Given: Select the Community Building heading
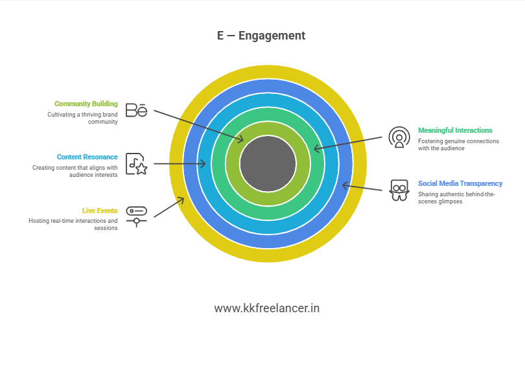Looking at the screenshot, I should point(86,104).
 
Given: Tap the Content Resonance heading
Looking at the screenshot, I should point(87,157).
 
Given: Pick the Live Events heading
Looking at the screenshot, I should point(100,211).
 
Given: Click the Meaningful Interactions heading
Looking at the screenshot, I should point(455,130).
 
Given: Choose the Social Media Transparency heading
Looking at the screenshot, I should point(460,183).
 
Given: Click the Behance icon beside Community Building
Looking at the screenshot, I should point(136,110).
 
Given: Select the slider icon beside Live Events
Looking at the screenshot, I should point(136,216).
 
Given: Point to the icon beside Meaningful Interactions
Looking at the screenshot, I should point(399,137).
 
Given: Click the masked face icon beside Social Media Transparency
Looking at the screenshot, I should point(399,190).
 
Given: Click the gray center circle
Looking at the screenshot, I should point(268,163).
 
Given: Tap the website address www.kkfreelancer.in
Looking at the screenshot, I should point(266,308).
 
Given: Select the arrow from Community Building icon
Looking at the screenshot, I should point(198,126).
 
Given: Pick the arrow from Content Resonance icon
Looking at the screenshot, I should point(180,164).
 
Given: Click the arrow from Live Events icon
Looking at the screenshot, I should point(169,207).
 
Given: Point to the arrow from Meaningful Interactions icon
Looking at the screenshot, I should point(349,143).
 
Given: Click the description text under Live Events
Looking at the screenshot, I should point(73,224).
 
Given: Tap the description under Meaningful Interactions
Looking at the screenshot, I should point(458,144).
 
